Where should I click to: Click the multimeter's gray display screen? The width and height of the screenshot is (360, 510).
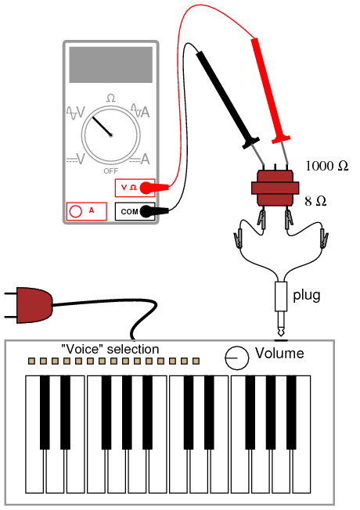tap(110, 64)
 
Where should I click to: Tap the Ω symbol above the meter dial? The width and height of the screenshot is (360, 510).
tap(110, 98)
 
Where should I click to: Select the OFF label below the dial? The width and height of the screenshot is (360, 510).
tap(110, 171)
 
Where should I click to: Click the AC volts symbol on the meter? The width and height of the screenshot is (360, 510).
tap(75, 113)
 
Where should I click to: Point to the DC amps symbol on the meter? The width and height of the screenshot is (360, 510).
tap(139, 160)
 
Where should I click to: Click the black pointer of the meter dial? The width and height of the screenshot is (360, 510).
tap(102, 126)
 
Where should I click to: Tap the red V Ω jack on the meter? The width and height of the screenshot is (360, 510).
tap(135, 188)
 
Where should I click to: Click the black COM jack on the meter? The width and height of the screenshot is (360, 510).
tap(135, 211)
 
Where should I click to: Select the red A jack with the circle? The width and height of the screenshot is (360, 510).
tap(87, 211)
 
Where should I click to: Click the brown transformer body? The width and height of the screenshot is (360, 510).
tap(275, 188)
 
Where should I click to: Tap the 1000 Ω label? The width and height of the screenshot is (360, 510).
tap(327, 166)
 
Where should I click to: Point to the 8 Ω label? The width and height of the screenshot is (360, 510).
tap(315, 201)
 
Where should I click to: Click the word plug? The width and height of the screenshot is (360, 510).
tap(307, 296)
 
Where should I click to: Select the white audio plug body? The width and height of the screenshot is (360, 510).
tap(281, 296)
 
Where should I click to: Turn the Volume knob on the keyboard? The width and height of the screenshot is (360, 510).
tap(237, 357)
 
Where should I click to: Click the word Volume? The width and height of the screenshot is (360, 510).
tap(279, 354)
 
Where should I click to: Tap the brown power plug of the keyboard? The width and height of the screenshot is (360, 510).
tap(34, 305)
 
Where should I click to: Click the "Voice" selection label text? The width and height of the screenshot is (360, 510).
tap(110, 350)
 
